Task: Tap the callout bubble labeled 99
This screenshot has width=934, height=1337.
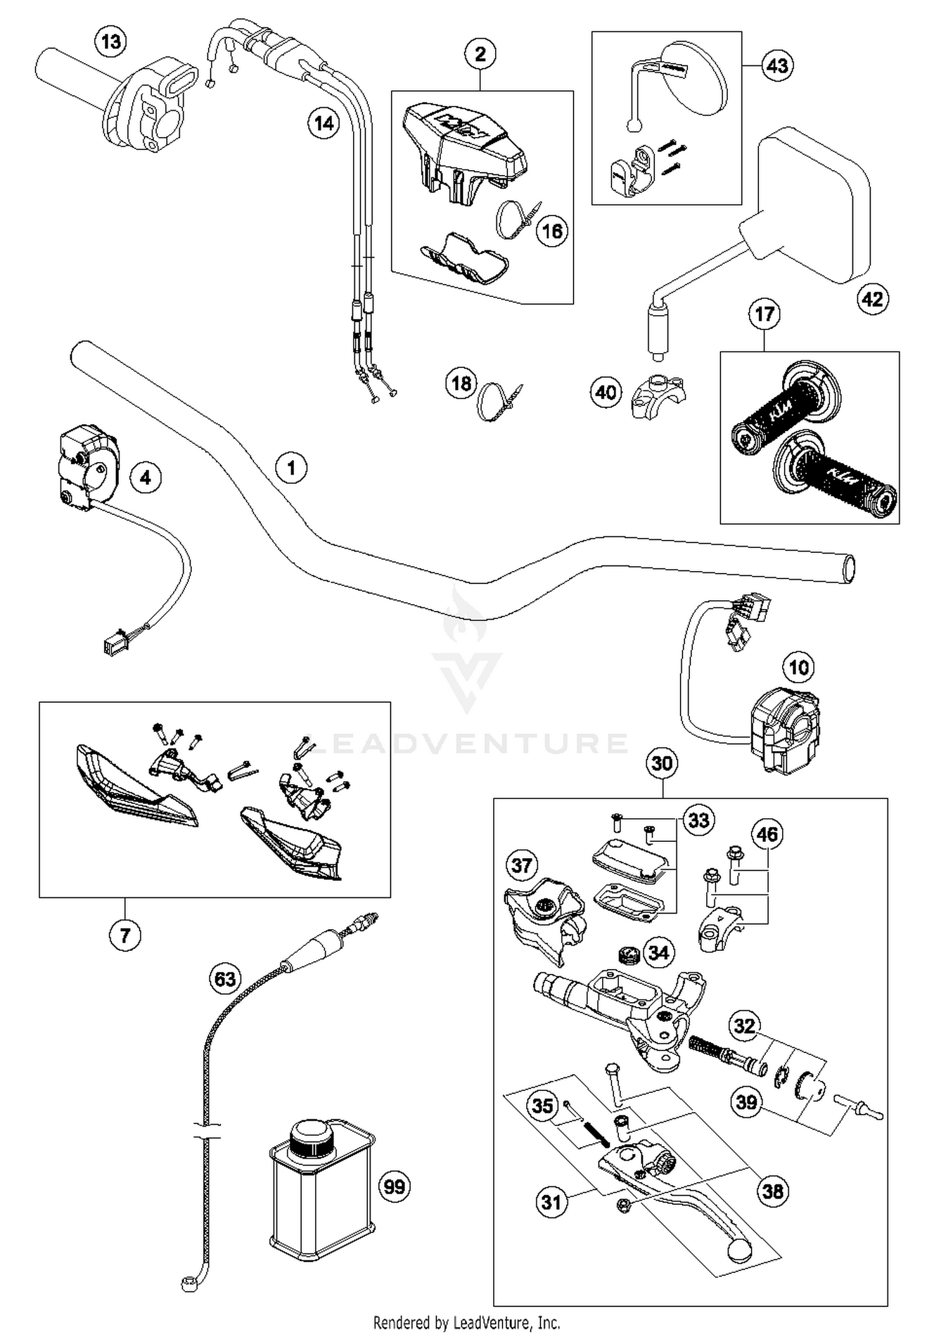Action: pyautogui.click(x=395, y=1186)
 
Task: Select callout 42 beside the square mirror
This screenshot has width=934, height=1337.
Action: pyautogui.click(x=872, y=299)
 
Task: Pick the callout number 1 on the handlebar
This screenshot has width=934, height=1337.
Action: pyautogui.click(x=291, y=467)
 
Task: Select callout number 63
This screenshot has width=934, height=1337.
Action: pyautogui.click(x=225, y=978)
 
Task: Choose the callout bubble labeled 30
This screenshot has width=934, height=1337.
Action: pyautogui.click(x=662, y=763)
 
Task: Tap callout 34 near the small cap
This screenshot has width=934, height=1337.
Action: pyautogui.click(x=658, y=952)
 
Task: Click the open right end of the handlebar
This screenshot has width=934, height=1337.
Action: pyautogui.click(x=847, y=569)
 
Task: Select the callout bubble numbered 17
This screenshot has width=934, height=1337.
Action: pyautogui.click(x=764, y=314)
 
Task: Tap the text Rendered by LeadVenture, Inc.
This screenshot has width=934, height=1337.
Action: pyautogui.click(x=466, y=1322)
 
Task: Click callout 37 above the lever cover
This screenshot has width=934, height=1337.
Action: pyautogui.click(x=522, y=865)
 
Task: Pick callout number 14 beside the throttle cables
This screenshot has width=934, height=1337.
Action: pyautogui.click(x=324, y=123)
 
